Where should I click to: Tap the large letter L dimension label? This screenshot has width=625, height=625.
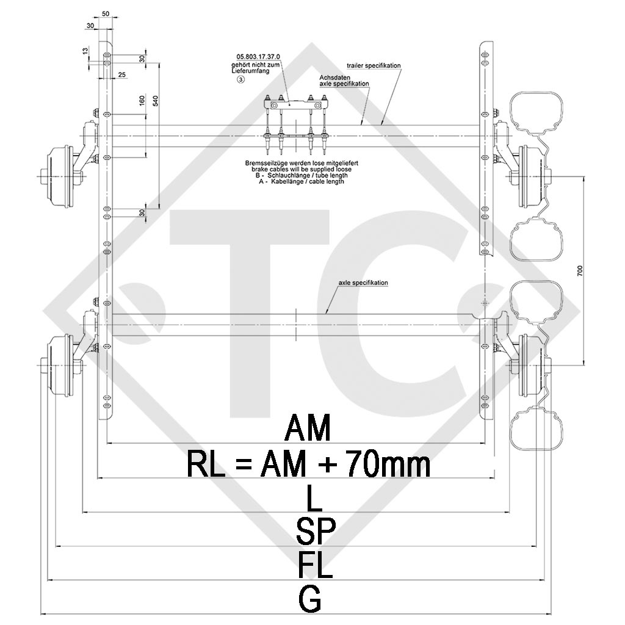(313, 500)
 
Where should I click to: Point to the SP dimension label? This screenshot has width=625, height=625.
(316, 532)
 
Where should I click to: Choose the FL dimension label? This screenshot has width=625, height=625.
(316, 565)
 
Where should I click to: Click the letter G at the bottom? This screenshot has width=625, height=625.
(311, 599)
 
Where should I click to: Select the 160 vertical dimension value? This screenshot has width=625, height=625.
(142, 101)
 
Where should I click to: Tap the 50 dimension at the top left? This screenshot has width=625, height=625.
(106, 13)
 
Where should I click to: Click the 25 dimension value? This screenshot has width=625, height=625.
(121, 74)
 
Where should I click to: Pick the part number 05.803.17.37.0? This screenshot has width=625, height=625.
(254, 57)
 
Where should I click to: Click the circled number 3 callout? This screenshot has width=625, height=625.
(241, 79)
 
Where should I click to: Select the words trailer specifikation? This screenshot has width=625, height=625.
(374, 65)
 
